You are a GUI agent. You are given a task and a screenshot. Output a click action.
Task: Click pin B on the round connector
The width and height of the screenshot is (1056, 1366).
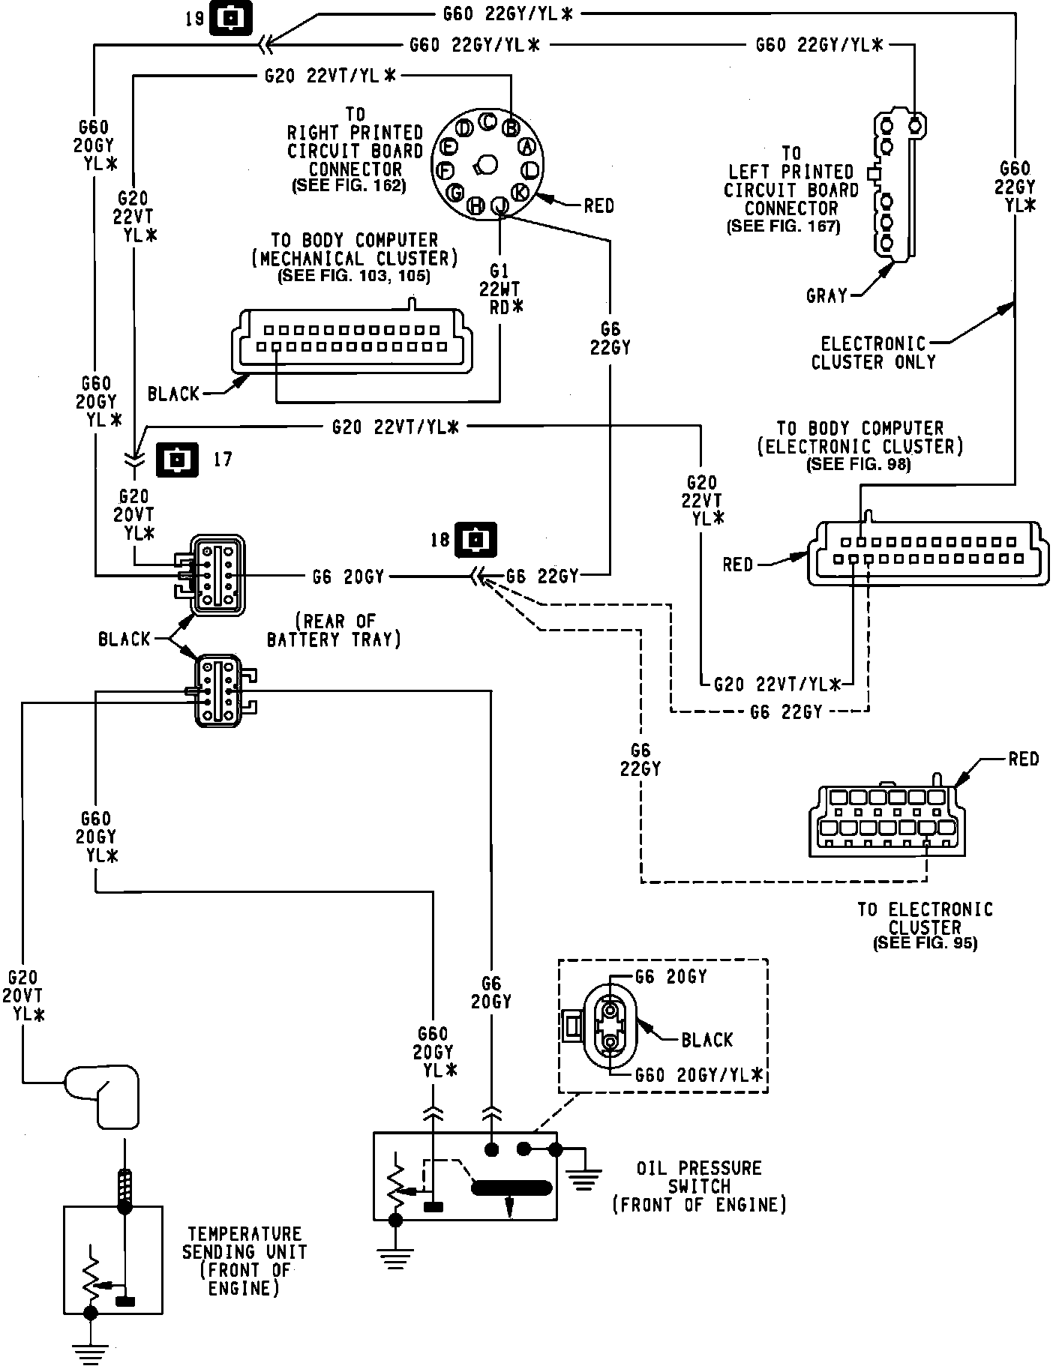(511, 127)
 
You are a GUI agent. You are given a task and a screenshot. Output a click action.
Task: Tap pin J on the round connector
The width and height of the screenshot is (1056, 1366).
(499, 205)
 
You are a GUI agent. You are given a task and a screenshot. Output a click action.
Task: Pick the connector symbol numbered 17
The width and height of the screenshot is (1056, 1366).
(177, 459)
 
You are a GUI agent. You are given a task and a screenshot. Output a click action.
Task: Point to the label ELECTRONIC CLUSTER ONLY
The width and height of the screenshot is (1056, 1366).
(874, 352)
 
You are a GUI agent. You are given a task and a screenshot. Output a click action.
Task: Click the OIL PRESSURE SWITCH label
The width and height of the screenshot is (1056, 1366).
(699, 1186)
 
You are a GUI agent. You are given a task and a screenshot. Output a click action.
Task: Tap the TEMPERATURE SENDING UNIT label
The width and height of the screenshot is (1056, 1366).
(244, 1260)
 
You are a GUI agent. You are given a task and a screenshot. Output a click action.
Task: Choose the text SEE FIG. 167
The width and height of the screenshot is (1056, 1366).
(784, 226)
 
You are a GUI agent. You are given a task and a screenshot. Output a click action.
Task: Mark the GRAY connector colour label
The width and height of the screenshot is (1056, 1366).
(826, 295)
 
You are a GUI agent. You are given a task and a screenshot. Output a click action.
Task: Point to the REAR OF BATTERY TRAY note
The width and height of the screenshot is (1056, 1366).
(334, 631)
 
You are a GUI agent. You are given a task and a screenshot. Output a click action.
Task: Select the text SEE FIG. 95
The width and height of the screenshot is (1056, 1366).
(925, 942)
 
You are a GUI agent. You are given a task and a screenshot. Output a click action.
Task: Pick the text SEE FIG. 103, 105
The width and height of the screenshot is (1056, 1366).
(354, 276)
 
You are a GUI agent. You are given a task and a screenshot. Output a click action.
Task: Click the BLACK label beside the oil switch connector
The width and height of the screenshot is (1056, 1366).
(706, 1040)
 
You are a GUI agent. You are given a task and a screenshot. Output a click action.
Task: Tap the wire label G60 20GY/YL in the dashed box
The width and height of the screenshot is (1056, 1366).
(698, 1076)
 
